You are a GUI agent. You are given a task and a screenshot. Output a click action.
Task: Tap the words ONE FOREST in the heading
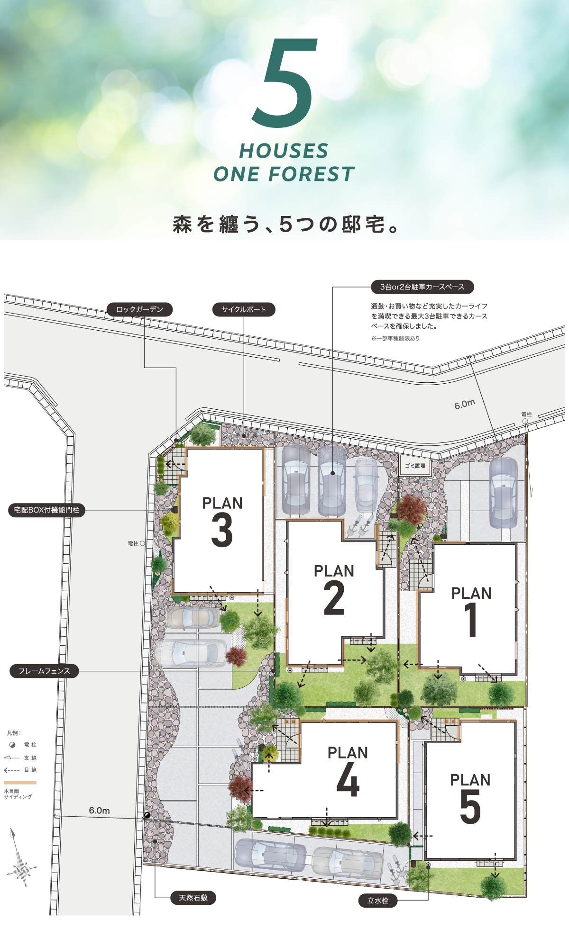click(x=284, y=174)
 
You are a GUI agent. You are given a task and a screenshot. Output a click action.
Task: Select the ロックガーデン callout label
click(x=139, y=309)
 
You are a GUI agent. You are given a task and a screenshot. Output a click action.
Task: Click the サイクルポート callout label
click(x=244, y=309)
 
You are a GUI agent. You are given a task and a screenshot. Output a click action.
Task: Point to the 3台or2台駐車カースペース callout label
click(x=422, y=287)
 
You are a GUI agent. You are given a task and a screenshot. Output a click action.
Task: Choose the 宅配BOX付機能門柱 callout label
click(x=46, y=510)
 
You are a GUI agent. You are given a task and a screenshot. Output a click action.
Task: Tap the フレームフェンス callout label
click(x=44, y=671)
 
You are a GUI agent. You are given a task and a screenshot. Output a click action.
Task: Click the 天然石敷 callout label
click(x=193, y=898)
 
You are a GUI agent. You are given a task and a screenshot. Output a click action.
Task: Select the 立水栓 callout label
click(x=378, y=901)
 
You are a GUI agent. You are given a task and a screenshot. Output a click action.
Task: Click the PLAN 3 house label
click(x=222, y=521)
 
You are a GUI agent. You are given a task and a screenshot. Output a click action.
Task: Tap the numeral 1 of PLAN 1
click(x=471, y=620)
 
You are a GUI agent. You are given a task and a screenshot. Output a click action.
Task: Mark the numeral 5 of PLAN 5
click(x=470, y=807)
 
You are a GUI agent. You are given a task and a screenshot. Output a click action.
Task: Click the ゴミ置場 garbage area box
click(x=415, y=466)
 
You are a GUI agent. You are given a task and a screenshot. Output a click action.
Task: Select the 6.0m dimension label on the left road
click(x=99, y=811)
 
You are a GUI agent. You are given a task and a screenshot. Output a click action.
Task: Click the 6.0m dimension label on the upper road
click(x=465, y=404)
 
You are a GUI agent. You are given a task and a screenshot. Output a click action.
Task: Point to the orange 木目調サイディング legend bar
click(x=20, y=783)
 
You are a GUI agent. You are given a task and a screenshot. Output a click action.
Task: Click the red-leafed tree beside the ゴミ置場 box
click(x=411, y=509)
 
